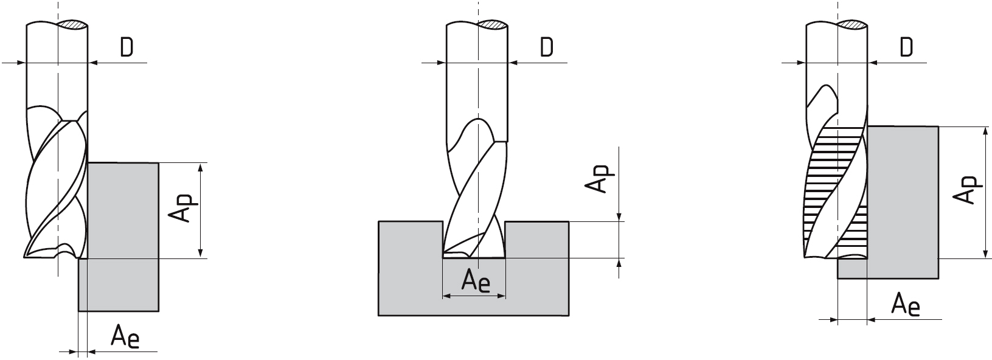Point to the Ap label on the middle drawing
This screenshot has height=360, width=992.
[600, 179]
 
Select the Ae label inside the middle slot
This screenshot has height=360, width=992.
[476, 281]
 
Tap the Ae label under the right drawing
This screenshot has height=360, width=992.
[906, 305]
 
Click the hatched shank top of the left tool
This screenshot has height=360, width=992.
[72, 26]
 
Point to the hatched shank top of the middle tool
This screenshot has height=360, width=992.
[493, 26]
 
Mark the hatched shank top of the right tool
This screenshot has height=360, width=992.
[853, 26]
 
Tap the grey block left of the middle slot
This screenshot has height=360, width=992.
[410, 268]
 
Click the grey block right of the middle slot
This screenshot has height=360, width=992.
[536, 268]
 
